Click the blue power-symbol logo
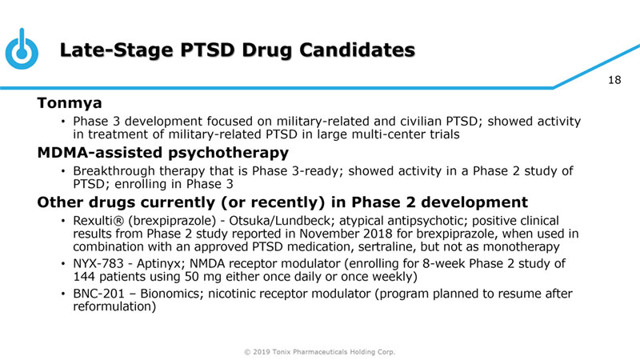(x=22, y=49)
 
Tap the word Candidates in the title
(x=357, y=50)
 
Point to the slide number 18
(x=614, y=80)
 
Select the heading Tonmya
(x=70, y=103)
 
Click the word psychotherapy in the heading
(x=229, y=153)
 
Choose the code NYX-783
(x=98, y=264)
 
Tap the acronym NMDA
(x=206, y=264)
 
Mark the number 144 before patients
(x=84, y=277)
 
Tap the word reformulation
(x=114, y=306)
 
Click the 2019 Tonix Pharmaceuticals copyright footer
(x=319, y=352)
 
